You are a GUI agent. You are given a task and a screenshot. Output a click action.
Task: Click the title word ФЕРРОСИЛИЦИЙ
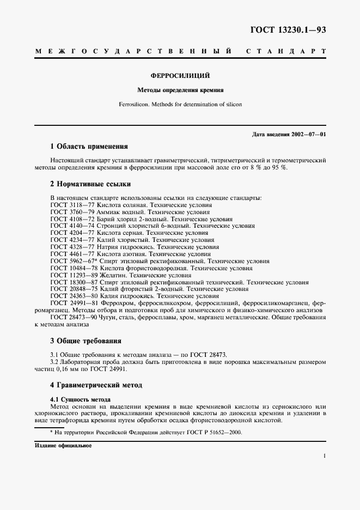point(180,76)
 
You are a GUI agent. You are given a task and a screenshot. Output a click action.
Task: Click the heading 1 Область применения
point(89,146)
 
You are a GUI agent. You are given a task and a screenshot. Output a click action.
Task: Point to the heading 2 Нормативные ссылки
point(90,184)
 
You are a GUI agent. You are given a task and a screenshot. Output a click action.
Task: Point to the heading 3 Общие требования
point(86,341)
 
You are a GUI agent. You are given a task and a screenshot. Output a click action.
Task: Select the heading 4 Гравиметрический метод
point(96,385)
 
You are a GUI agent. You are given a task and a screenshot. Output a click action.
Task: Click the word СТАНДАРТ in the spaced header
point(286,51)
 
